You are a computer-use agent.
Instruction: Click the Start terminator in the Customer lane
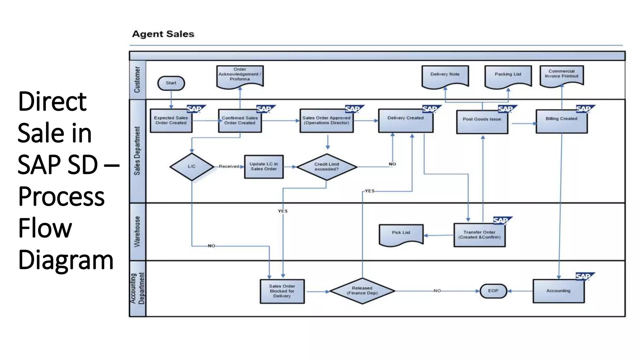(x=171, y=83)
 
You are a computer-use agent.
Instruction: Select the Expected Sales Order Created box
(x=171, y=121)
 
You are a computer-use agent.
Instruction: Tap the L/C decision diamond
(x=192, y=167)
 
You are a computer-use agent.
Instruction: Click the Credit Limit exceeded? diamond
(x=327, y=167)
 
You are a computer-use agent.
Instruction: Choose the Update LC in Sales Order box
(x=264, y=167)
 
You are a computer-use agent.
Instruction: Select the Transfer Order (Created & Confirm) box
(x=479, y=235)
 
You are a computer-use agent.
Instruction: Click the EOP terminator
(x=493, y=291)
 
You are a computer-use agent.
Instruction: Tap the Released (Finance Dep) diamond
(x=362, y=291)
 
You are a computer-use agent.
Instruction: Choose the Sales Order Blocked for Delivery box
(x=282, y=291)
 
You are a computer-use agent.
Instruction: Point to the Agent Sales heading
(x=163, y=34)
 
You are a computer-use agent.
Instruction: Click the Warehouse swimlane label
(x=137, y=232)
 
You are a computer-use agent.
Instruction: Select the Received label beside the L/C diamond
(x=229, y=167)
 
